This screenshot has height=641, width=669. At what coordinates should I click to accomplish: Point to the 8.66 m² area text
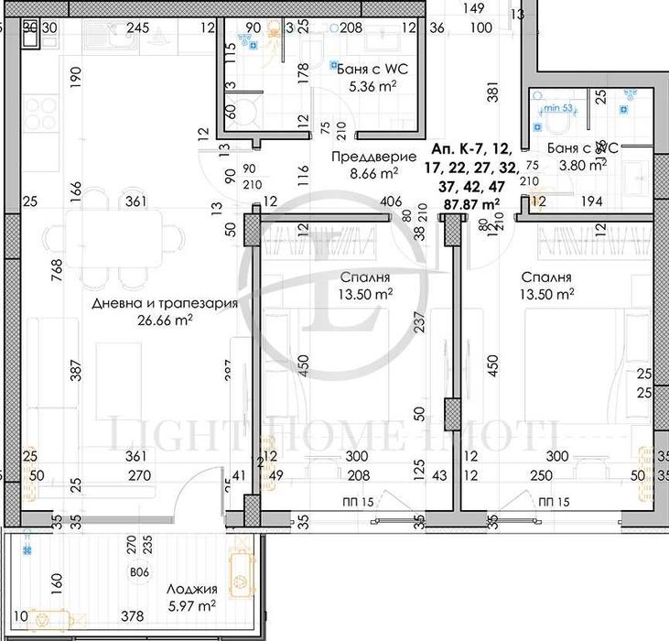pos(362,171)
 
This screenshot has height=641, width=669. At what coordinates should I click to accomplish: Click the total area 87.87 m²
pos(472,203)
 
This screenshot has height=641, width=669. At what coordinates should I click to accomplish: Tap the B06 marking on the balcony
pos(139,573)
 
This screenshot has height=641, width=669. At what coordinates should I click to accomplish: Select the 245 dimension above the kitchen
pos(137,28)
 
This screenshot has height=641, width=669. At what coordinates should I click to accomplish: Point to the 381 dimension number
pos(491,92)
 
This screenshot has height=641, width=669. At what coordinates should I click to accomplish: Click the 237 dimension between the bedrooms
pos(418,324)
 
